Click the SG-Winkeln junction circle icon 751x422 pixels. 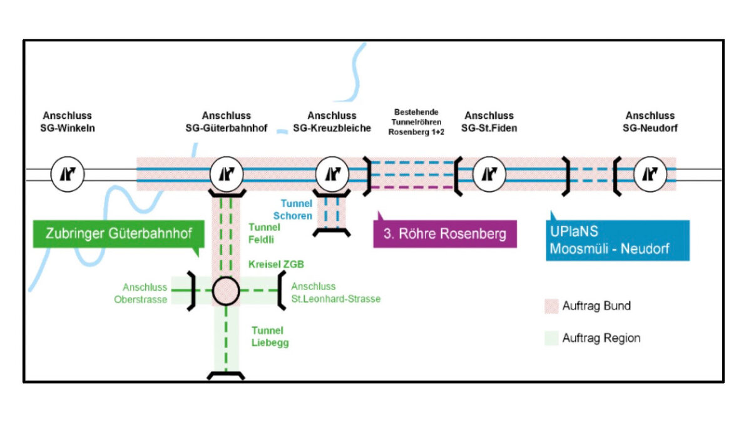point(67,174)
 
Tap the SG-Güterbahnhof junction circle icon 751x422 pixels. point(226,174)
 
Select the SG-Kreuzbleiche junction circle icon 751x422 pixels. point(332,174)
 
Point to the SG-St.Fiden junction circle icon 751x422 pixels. point(489,174)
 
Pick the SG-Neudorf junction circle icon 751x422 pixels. point(650,174)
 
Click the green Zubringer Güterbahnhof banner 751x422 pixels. point(118,235)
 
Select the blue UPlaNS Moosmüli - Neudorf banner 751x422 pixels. point(617,241)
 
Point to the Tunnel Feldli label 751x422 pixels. point(264,233)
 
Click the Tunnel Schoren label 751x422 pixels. point(296,209)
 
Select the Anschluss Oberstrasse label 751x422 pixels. point(145,293)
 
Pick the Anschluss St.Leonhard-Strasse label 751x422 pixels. point(335,293)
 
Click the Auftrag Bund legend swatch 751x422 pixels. point(550,306)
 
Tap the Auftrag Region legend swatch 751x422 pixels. point(550,338)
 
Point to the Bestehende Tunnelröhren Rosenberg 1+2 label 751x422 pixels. point(416,122)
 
